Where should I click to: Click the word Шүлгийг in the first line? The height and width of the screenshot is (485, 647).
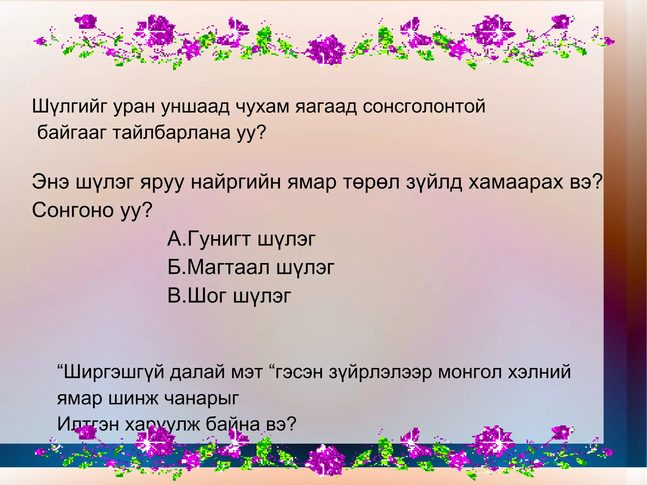70,107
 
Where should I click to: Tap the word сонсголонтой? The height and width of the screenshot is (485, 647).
424,106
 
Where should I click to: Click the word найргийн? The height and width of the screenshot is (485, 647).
236,182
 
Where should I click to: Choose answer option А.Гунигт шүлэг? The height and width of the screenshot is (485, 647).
241,239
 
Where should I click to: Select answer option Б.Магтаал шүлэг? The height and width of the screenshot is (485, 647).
251,267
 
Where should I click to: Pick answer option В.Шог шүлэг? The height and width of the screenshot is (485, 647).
229,296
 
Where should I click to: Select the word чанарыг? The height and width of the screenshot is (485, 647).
203,398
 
